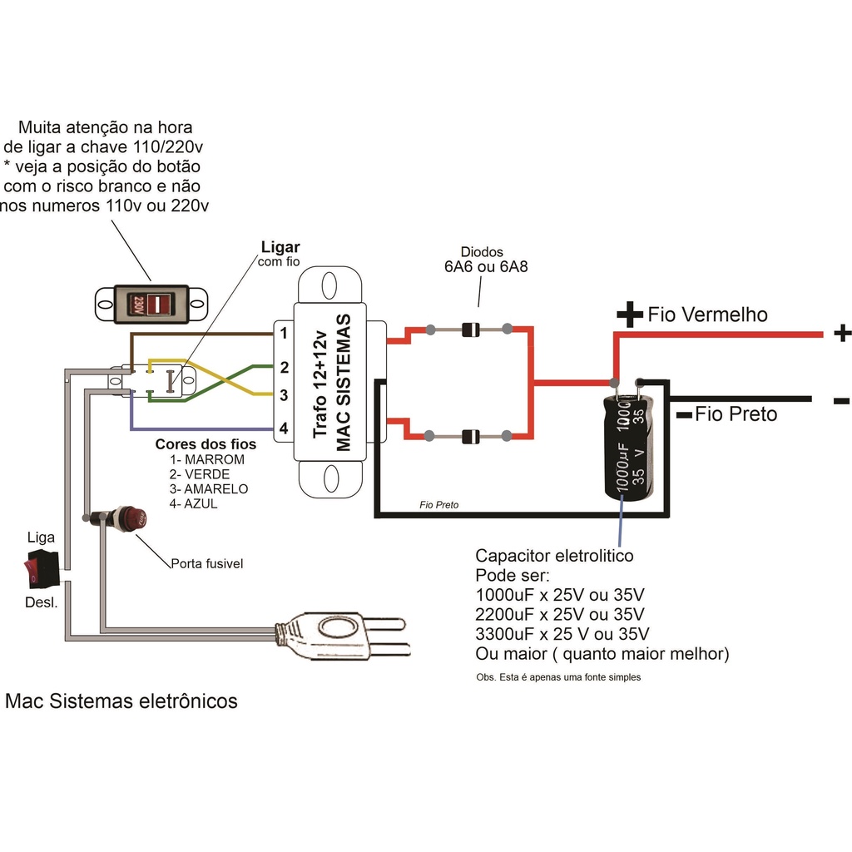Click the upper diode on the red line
pyautogui.click(x=471, y=329)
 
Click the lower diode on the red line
pyautogui.click(x=471, y=436)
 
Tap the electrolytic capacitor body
pyautogui.click(x=629, y=447)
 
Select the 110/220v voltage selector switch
pyautogui.click(x=151, y=305)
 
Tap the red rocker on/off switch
pyautogui.click(x=40, y=569)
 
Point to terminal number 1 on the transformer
pyautogui.click(x=284, y=333)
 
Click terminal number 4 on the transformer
pyautogui.click(x=284, y=428)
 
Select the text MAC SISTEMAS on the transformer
pyautogui.click(x=344, y=382)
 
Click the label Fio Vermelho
pyautogui.click(x=707, y=315)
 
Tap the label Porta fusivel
pyautogui.click(x=207, y=563)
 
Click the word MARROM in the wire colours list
pyautogui.click(x=215, y=459)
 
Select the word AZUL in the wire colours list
pyautogui.click(x=201, y=503)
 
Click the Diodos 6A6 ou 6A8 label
pyautogui.click(x=486, y=260)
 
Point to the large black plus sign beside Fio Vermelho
pyautogui.click(x=631, y=315)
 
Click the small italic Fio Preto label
pyautogui.click(x=439, y=505)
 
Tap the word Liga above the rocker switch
pyautogui.click(x=41, y=537)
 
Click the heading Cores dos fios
pyautogui.click(x=206, y=444)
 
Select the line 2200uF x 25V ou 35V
pyautogui.click(x=560, y=614)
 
